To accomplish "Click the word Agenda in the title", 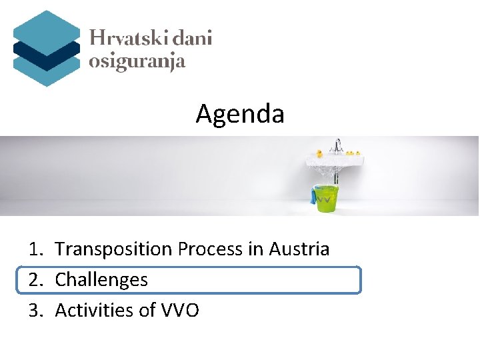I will [x=240, y=115].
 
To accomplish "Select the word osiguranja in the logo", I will [x=137, y=62].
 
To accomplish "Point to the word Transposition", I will [x=114, y=249].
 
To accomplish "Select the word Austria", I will [x=299, y=249].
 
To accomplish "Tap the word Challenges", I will [x=101, y=280].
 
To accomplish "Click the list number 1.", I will [x=35, y=249].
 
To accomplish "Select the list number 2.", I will [x=35, y=280].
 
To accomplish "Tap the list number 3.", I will [x=35, y=310].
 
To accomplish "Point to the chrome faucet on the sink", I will [x=338, y=145].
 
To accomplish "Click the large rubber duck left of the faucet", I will [x=319, y=153].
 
